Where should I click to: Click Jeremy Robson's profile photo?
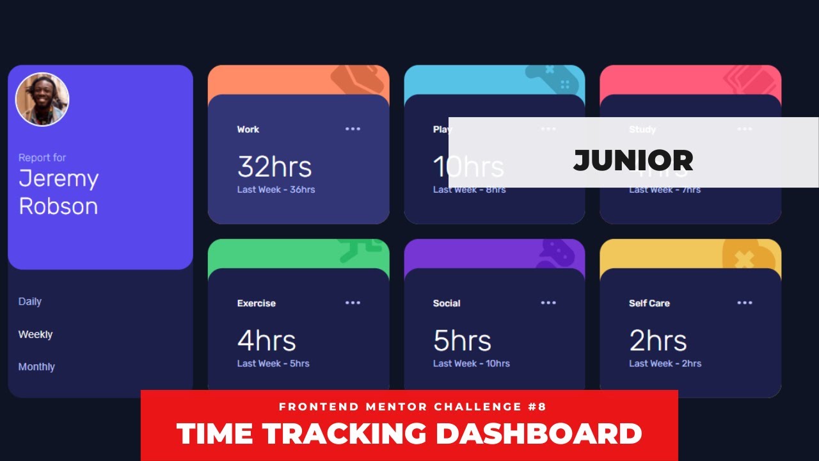click(42, 99)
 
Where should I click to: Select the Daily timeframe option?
click(30, 302)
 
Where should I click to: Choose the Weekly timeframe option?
click(35, 334)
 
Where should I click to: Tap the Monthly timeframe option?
click(36, 367)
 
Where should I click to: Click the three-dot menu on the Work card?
click(353, 129)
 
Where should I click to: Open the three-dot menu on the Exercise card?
click(353, 303)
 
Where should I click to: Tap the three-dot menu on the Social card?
click(548, 303)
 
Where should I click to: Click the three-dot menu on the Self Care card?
click(745, 303)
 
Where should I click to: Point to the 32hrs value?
click(274, 167)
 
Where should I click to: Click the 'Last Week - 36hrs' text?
click(276, 190)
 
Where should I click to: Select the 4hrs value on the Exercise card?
click(266, 341)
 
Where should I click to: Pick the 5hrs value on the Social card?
click(462, 341)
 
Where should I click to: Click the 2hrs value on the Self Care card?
click(658, 341)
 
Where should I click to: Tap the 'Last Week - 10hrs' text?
click(471, 364)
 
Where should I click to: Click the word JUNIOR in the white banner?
click(633, 160)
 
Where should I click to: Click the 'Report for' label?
click(42, 158)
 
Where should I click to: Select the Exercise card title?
click(256, 303)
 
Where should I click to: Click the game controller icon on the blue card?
click(552, 78)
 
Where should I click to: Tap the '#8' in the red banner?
click(538, 407)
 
